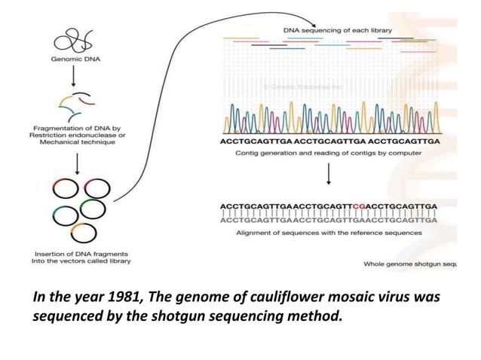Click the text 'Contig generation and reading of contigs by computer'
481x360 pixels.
point(329,153)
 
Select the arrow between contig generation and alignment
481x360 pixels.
point(329,176)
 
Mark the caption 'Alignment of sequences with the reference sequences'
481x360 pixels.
point(329,233)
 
